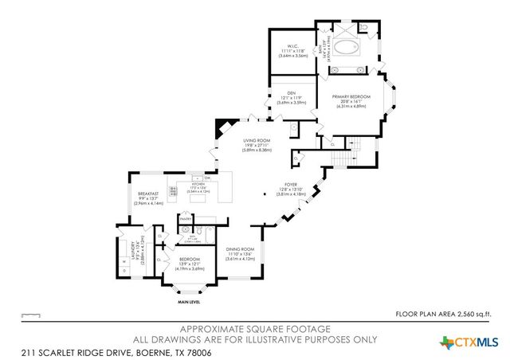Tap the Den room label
click(291, 96)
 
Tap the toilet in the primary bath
click(364, 28)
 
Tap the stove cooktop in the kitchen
click(173, 190)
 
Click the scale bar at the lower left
click(31, 315)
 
